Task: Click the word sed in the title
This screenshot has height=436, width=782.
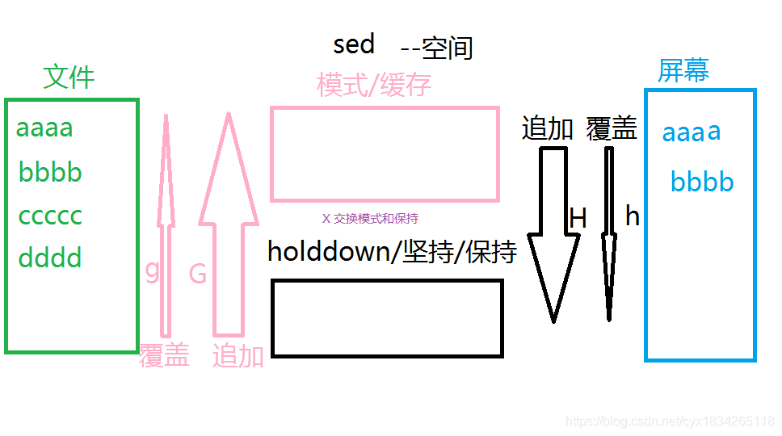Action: pos(354,44)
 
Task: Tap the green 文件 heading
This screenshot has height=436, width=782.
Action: pos(69,78)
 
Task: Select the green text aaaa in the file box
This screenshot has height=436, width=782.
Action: pos(44,128)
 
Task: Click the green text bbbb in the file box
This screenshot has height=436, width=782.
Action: pos(50,172)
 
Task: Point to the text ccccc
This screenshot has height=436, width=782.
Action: pos(50,216)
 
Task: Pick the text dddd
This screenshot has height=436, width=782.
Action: pos(50,258)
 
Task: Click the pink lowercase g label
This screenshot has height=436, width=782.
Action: pos(152,270)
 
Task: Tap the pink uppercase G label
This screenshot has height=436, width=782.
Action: pos(198,275)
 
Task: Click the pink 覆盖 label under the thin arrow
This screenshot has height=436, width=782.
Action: pos(164,355)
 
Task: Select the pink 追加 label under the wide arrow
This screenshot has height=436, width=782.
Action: pos(238,355)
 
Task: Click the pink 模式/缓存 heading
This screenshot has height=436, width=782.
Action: pos(374,85)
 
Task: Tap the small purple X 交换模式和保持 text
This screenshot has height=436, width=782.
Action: pos(370,219)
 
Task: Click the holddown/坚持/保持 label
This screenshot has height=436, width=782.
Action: pos(392,252)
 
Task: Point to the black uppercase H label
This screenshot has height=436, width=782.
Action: pos(578,218)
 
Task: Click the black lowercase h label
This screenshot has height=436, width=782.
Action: pos(633,216)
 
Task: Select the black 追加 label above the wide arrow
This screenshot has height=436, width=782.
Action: pos(548,129)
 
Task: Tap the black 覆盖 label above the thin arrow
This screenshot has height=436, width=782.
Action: pos(612,129)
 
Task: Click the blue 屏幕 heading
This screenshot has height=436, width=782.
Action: pos(683,72)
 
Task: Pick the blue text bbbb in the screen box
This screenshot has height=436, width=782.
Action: pos(702,182)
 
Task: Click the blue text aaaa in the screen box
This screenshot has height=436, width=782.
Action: pos(692,132)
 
